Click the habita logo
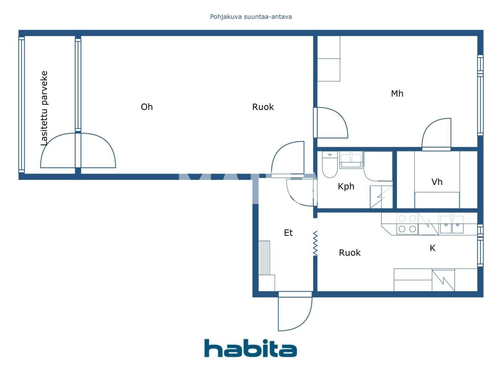coord(250,348)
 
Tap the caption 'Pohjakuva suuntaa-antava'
coord(251,17)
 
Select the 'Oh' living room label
coord(147,107)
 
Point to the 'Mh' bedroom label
coord(397,94)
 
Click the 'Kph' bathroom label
coord(346,186)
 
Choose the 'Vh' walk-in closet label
coord(437,182)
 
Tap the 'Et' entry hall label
coord(288,233)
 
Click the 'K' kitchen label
coord(433,248)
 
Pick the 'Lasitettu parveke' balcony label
coord(44,108)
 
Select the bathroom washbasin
coord(351,160)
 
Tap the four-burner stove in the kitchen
coord(407,224)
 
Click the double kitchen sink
coord(452,225)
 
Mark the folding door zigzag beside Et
coord(315,243)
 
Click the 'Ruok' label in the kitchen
coord(349,253)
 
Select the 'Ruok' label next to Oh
coord(263,107)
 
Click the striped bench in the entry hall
coord(264,258)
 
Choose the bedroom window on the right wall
coord(480,95)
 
